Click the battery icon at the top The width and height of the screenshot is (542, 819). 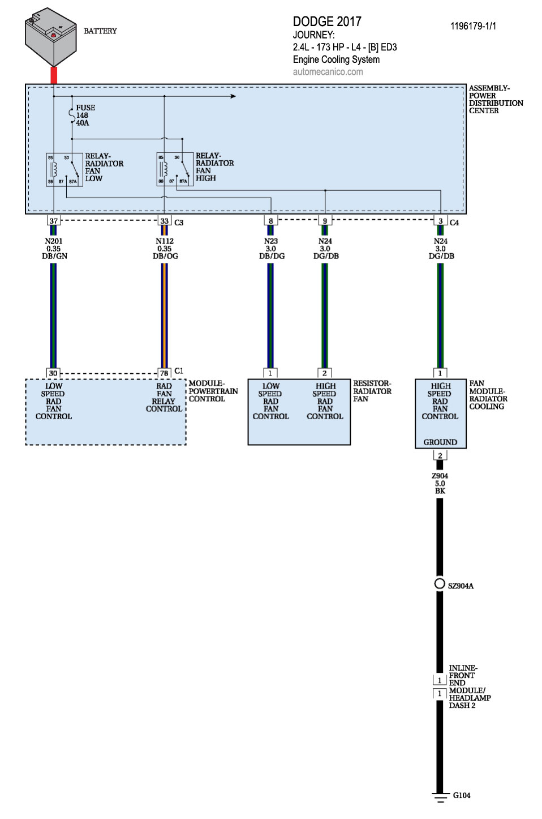point(51,37)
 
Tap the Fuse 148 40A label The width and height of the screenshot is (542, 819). point(83,115)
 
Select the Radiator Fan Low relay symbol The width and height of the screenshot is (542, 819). point(64,169)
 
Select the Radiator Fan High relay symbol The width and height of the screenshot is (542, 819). point(175,169)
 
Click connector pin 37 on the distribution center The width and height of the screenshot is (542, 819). point(54,221)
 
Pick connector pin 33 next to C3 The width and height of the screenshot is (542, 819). point(164,221)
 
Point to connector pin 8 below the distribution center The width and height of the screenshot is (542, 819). point(270,221)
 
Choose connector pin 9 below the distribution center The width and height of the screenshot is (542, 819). point(325,221)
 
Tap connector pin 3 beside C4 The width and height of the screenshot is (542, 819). point(440,221)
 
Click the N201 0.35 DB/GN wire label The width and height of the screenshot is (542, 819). point(54,249)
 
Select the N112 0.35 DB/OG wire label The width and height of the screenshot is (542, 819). point(165,249)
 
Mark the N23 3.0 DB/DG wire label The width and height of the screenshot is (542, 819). point(272,249)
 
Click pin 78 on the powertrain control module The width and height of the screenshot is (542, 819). point(164,373)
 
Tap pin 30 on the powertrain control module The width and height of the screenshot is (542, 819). point(53,373)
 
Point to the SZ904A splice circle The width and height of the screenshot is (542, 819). point(440,583)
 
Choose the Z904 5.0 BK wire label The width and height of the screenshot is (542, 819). point(440,484)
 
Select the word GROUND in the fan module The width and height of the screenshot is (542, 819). point(440,442)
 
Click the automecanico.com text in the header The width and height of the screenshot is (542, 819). point(328,72)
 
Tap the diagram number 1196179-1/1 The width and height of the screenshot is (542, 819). point(473,26)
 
